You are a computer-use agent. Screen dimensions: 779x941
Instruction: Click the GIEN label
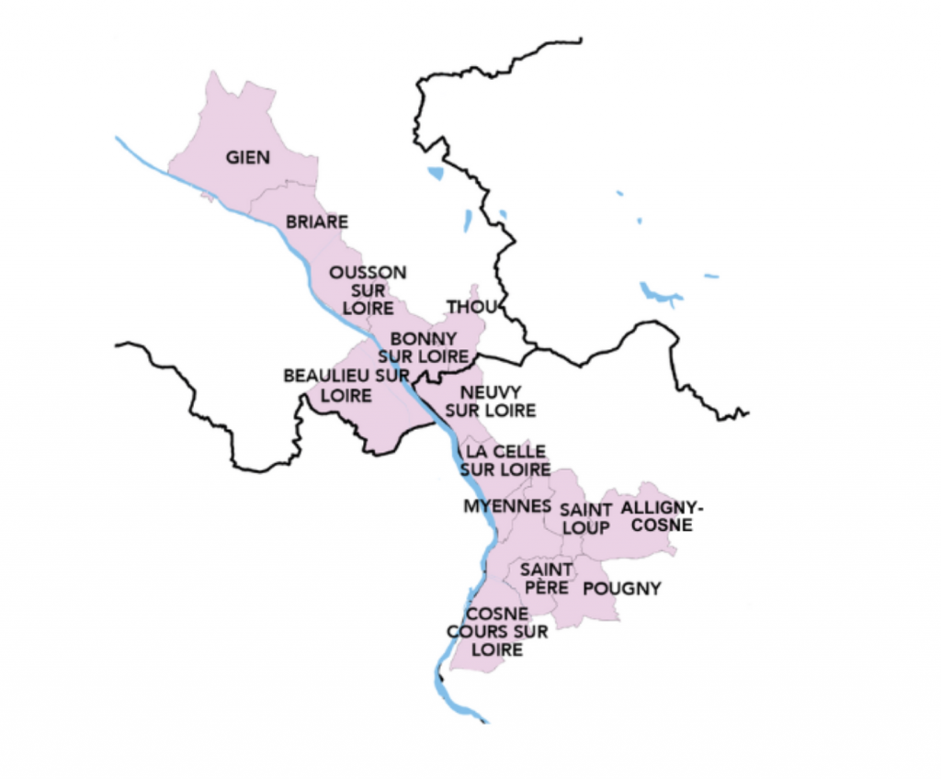coord(248,157)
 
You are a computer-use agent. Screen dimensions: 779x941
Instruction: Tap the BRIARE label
coord(317,221)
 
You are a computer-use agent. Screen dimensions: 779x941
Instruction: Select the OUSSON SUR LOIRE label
coord(368,289)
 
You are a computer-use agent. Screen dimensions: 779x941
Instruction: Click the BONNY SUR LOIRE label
coord(424,346)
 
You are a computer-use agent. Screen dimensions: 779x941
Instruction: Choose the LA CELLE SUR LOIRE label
coord(508,460)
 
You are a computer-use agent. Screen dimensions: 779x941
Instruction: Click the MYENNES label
coord(507,506)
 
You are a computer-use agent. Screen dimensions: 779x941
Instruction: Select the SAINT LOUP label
coord(584,518)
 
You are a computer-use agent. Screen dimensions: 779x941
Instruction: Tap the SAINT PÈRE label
coord(546,578)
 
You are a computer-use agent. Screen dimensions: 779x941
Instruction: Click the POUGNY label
coord(622,589)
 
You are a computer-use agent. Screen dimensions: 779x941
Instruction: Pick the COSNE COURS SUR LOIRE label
coord(497,631)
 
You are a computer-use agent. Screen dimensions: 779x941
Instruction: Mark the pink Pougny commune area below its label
coord(607,608)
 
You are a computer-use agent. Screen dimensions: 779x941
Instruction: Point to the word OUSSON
coord(368,273)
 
